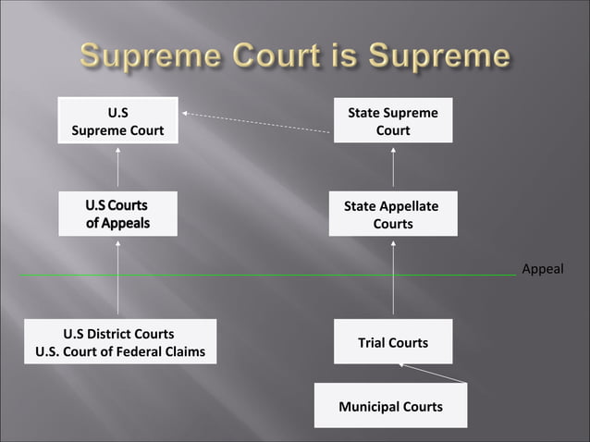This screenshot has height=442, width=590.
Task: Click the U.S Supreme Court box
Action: coord(117,121)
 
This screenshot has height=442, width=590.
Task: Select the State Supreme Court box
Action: coord(393,121)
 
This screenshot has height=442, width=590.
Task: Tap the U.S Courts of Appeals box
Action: coord(117,214)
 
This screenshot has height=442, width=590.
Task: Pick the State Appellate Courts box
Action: coord(393,215)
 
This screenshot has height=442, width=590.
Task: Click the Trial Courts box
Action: coord(393,342)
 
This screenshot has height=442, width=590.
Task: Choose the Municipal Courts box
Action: coord(390,406)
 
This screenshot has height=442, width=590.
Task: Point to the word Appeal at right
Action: coord(542,269)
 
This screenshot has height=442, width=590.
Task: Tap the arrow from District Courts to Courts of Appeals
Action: coord(118,277)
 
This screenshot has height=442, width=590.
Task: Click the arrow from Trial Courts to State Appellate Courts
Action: coord(393,277)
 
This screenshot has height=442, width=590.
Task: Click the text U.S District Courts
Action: coord(118,334)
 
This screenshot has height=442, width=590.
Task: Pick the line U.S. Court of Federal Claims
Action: coord(120,351)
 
